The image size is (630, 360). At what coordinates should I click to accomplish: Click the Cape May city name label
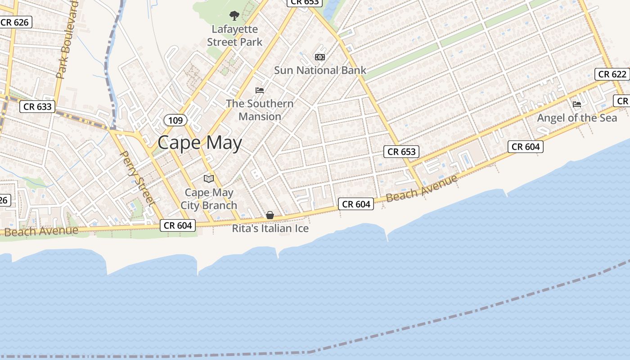pyautogui.click(x=200, y=143)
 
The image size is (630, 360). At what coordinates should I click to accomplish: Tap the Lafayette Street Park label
pyautogui.click(x=234, y=36)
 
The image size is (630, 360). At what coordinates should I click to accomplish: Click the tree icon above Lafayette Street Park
pyautogui.click(x=234, y=16)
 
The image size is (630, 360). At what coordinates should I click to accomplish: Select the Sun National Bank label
pyautogui.click(x=320, y=70)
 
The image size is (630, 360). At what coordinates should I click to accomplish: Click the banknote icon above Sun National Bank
pyautogui.click(x=320, y=57)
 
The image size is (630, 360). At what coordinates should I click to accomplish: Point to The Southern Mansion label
pyautogui.click(x=260, y=110)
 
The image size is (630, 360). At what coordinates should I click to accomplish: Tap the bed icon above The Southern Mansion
pyautogui.click(x=260, y=90)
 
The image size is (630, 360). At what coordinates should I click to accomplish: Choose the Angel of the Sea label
pyautogui.click(x=577, y=118)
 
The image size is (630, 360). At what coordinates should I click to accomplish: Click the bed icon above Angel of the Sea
pyautogui.click(x=577, y=104)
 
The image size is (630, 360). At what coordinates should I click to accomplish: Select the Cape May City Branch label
pyautogui.click(x=209, y=199)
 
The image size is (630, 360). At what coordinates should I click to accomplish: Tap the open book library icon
pyautogui.click(x=209, y=179)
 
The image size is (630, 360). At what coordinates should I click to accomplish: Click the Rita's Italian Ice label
pyautogui.click(x=270, y=229)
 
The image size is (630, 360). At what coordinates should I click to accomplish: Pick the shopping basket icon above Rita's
pyautogui.click(x=270, y=215)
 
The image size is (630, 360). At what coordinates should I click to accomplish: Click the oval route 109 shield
pyautogui.click(x=175, y=120)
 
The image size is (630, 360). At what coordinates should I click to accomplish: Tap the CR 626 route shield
pyautogui.click(x=15, y=22)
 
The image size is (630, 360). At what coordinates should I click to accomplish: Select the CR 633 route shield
pyautogui.click(x=38, y=107)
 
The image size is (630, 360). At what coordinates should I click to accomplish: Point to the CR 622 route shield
pyautogui.click(x=612, y=74)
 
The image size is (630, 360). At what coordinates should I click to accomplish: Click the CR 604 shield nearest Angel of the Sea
pyautogui.click(x=525, y=147)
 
